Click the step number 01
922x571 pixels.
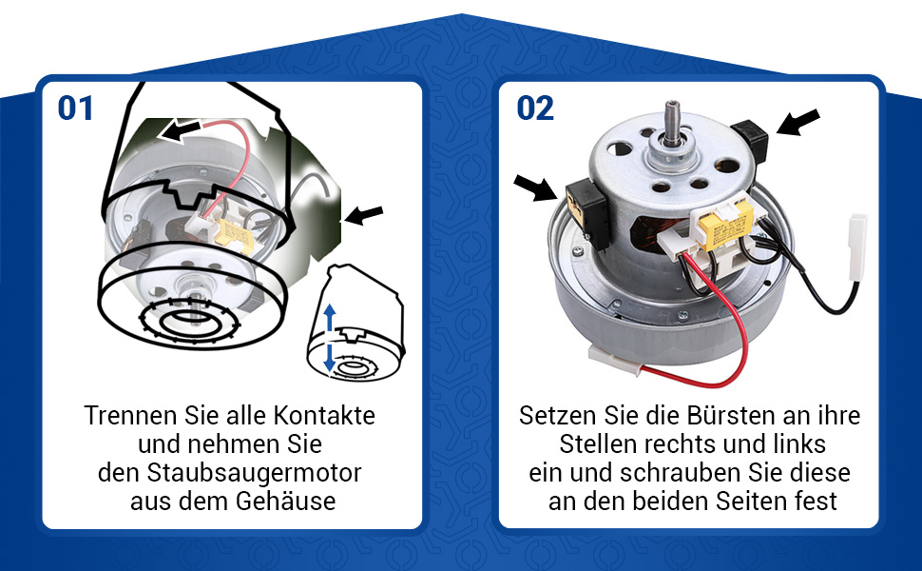[x=76, y=108]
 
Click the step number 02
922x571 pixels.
[x=535, y=108]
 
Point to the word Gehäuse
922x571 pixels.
[x=287, y=501]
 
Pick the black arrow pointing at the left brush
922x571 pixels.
[x=534, y=187]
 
